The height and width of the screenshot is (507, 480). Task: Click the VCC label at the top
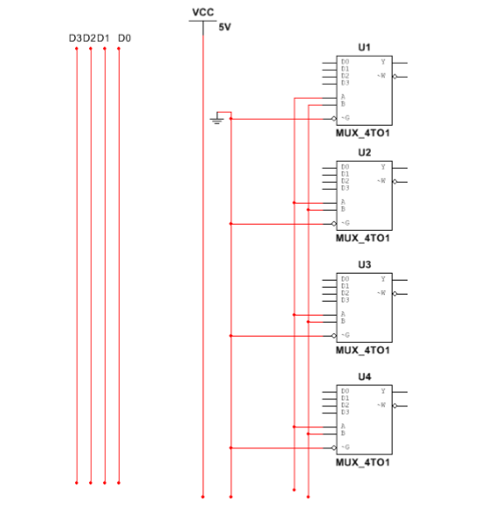tap(202, 11)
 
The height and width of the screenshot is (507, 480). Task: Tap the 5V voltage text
tap(224, 27)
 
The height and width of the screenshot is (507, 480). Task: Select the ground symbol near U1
tap(217, 120)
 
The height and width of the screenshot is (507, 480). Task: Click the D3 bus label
tap(75, 38)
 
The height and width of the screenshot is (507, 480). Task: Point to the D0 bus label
tap(124, 38)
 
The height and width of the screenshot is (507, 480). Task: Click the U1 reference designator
tap(364, 47)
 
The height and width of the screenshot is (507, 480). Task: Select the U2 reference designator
tap(364, 152)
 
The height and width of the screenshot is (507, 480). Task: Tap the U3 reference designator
tap(364, 264)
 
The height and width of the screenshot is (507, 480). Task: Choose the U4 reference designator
tap(364, 376)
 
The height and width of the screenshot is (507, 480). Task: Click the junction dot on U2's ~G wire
tap(230, 223)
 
